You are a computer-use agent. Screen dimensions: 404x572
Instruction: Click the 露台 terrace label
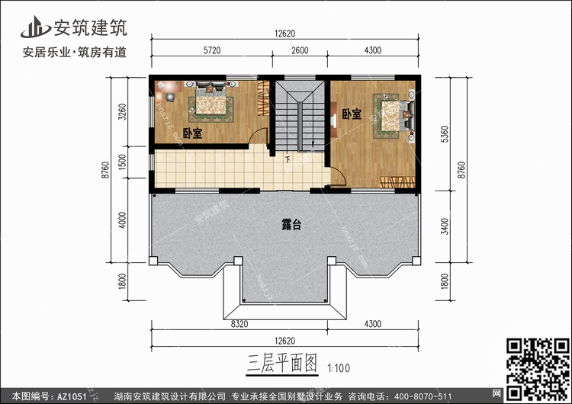291,225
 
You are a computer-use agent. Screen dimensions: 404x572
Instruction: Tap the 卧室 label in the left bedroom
193,133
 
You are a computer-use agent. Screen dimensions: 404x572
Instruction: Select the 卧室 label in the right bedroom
351,114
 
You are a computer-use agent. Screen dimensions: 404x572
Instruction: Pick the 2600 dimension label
300,50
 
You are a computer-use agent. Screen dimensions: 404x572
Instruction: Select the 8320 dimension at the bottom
239,324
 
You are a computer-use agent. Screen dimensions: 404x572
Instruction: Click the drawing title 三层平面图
280,361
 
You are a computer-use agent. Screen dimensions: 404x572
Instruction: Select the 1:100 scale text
339,364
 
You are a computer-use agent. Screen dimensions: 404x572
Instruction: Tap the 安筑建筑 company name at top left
89,28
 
